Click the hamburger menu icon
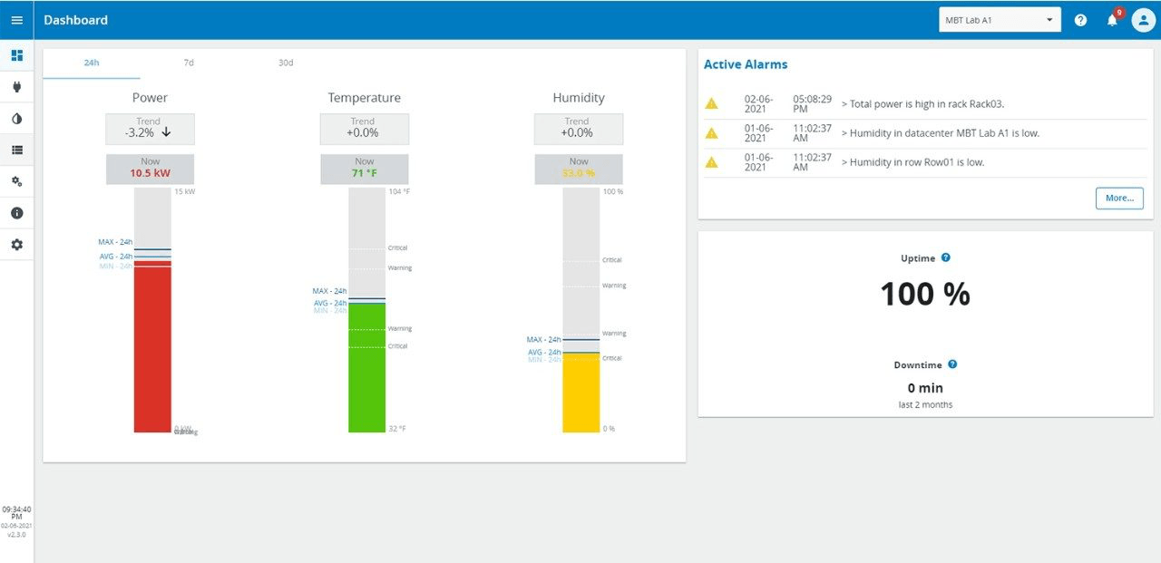click(x=16, y=20)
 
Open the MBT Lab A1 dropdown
click(x=1000, y=20)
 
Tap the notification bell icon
click(x=1112, y=20)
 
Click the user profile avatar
click(x=1143, y=20)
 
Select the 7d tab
click(x=189, y=63)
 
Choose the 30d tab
click(x=286, y=63)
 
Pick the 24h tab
click(x=92, y=63)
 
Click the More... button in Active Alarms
click(x=1119, y=198)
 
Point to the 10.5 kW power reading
click(x=150, y=173)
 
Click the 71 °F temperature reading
click(x=364, y=173)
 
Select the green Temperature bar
click(x=366, y=367)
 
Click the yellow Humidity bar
click(x=580, y=393)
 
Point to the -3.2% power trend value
click(x=141, y=132)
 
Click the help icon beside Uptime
click(x=946, y=258)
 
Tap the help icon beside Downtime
click(x=952, y=364)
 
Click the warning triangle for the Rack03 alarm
click(x=712, y=104)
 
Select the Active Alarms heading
click(x=746, y=64)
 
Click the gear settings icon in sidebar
click(x=16, y=245)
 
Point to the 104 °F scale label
click(x=398, y=192)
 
